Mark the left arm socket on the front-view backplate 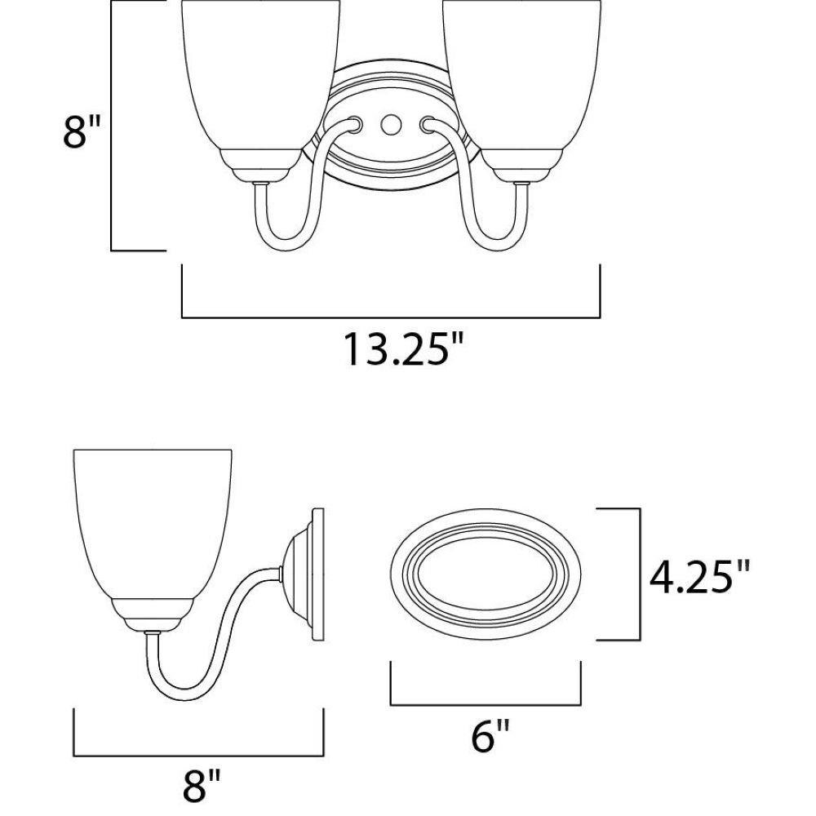pyautogui.click(x=354, y=124)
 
